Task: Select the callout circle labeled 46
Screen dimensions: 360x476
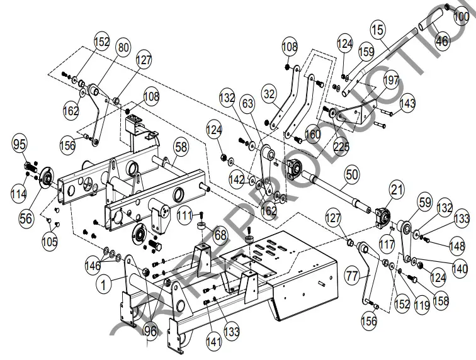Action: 442,42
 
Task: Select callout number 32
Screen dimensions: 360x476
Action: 269,94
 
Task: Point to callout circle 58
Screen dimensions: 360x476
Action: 181,147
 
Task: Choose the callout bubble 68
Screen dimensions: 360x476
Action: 219,236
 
